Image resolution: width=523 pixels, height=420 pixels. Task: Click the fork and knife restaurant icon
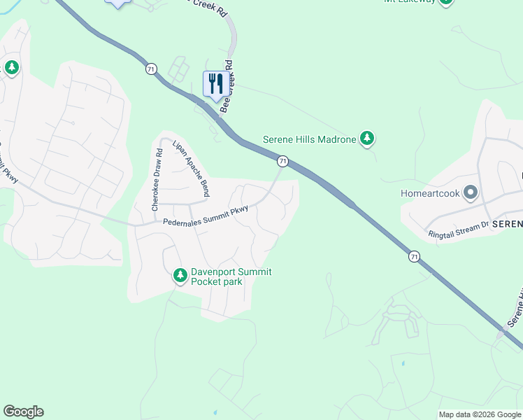tap(215, 84)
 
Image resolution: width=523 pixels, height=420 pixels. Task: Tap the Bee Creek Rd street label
tap(227, 90)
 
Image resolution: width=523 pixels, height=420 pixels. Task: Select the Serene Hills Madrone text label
tap(309, 139)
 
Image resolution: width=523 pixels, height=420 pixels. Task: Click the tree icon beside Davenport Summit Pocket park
tap(180, 276)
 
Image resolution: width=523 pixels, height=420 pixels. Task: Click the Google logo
tap(23, 412)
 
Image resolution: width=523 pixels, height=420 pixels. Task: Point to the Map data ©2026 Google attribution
tap(480, 414)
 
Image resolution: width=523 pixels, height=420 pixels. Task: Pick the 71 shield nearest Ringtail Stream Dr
tap(415, 257)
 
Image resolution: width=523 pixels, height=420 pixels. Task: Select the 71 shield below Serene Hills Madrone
tap(282, 161)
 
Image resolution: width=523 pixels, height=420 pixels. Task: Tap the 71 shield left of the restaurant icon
tap(151, 69)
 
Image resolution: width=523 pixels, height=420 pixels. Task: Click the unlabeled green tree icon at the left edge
tap(11, 68)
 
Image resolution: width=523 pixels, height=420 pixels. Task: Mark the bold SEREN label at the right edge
tap(507, 224)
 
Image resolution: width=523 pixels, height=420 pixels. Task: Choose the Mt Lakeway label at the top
tap(410, 1)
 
